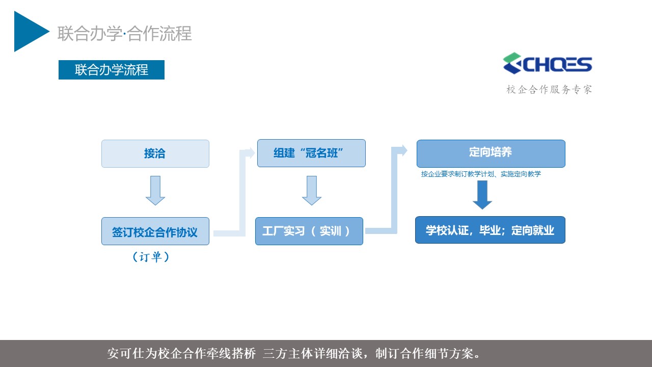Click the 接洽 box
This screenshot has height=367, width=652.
155,153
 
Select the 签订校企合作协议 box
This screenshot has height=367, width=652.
155,231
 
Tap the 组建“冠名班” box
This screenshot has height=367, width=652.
311,153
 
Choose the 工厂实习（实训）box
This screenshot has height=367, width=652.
309,231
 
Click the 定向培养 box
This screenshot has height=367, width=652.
491,153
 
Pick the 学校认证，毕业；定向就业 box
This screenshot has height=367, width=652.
490,230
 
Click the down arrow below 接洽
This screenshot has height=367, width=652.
155,191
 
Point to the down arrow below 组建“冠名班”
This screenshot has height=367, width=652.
311,191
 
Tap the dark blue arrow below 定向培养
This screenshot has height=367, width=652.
482,195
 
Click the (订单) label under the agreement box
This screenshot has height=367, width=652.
151,257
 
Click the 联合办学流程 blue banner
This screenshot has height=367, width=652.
112,70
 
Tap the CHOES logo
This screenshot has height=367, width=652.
547,63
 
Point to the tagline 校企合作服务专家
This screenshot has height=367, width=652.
549,89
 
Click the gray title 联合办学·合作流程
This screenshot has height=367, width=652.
125,34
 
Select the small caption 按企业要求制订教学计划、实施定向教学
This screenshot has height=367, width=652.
481,174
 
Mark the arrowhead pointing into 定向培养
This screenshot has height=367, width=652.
403,150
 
